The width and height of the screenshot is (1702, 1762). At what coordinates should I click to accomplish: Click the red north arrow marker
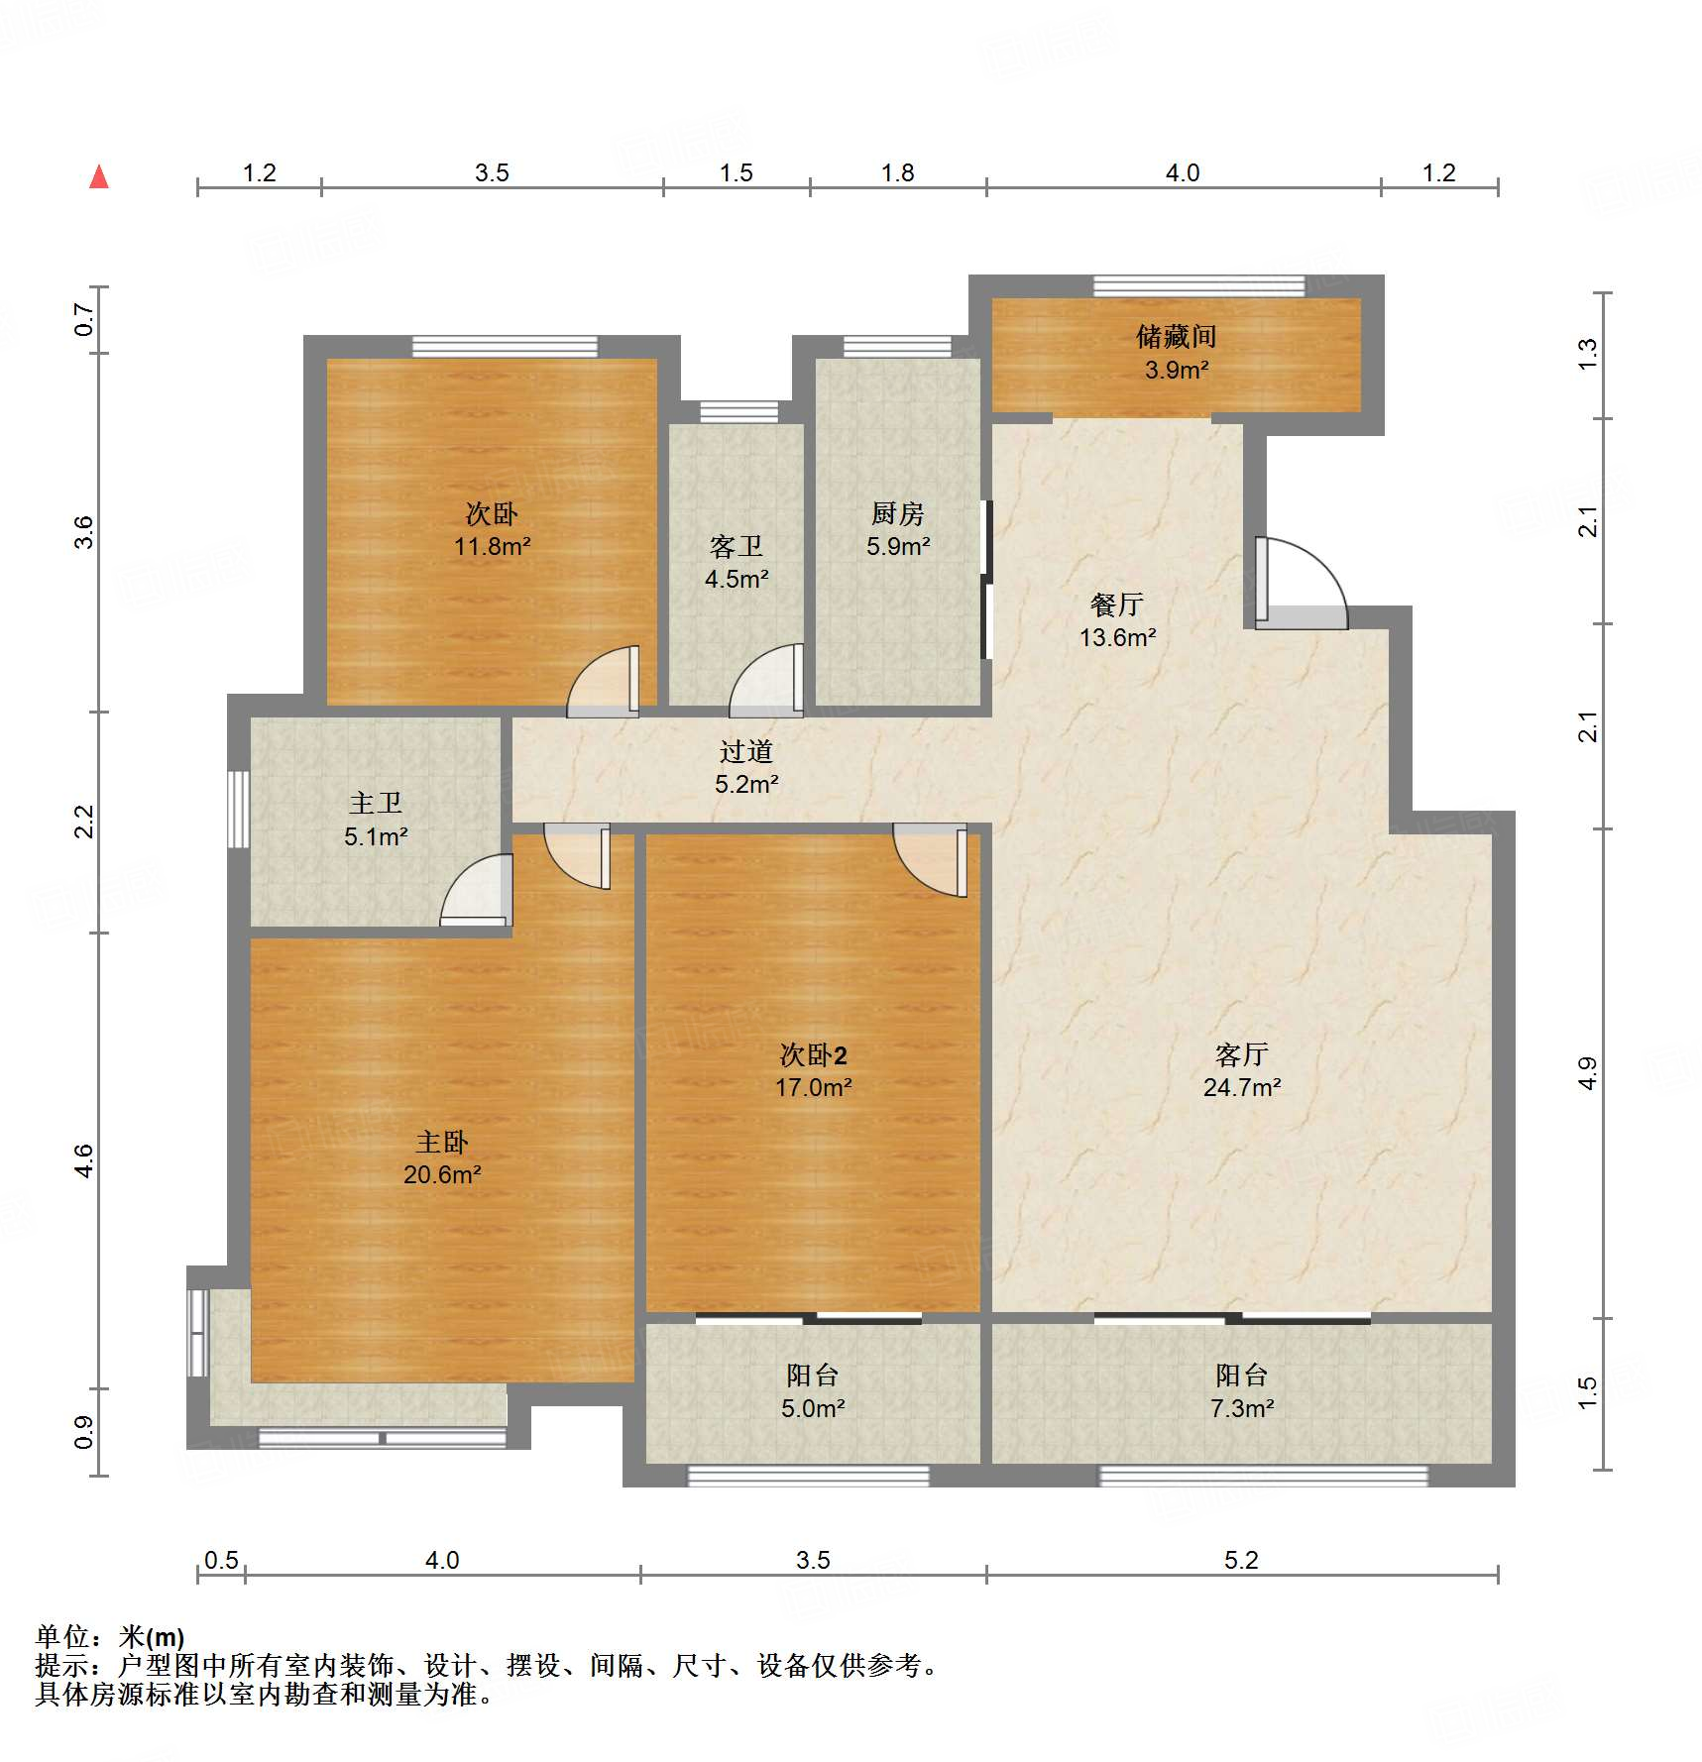click(99, 177)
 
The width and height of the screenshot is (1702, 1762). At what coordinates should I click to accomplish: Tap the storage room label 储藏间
click(1176, 337)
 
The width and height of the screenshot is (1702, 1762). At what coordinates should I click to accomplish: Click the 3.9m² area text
click(1176, 371)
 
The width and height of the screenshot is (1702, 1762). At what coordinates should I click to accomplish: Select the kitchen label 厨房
click(897, 513)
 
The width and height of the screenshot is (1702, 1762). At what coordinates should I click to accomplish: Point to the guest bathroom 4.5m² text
click(736, 579)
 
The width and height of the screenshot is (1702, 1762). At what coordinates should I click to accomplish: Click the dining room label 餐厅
click(1117, 604)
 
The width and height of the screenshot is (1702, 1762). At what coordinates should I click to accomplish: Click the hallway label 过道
click(745, 751)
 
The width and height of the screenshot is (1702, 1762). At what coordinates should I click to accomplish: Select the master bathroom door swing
click(478, 893)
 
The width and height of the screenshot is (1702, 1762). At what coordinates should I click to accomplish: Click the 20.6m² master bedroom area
click(441, 1175)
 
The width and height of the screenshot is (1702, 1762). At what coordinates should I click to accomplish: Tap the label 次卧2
click(813, 1054)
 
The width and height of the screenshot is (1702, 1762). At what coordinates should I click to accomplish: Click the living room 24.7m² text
click(1241, 1087)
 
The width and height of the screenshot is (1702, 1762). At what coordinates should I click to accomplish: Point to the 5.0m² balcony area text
click(812, 1408)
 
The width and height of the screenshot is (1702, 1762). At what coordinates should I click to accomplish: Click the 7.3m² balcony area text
click(1241, 1408)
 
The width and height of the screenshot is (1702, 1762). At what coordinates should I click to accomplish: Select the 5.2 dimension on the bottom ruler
click(1240, 1560)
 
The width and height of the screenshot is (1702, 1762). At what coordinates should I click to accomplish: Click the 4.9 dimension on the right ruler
click(1587, 1074)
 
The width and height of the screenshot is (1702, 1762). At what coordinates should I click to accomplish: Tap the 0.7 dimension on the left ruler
click(84, 319)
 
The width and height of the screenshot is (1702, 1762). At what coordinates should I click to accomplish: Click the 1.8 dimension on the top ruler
click(897, 173)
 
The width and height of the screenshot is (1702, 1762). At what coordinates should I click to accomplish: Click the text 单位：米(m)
click(110, 1637)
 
